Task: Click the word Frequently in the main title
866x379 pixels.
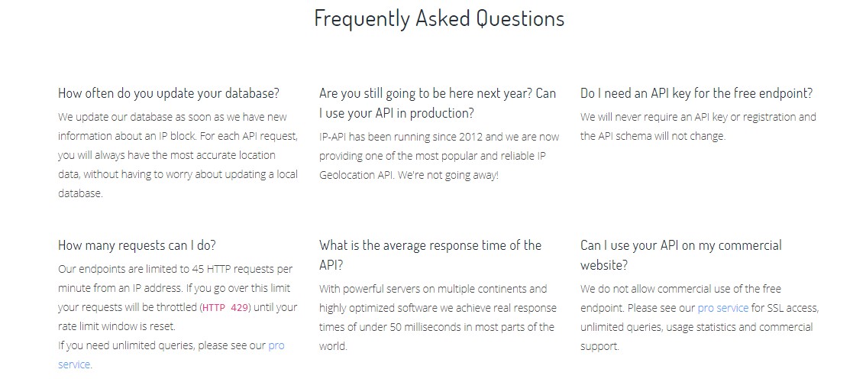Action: [x=362, y=19]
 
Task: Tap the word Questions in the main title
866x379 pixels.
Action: [x=520, y=18]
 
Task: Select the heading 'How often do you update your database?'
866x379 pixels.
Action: [x=169, y=93]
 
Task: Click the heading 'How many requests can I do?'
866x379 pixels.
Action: [x=137, y=245]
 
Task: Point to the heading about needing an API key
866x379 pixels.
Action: [x=696, y=93]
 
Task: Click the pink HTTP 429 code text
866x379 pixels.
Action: [x=225, y=308]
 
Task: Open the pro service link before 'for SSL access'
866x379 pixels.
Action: [x=723, y=308]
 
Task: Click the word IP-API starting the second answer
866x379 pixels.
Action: [x=334, y=137]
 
